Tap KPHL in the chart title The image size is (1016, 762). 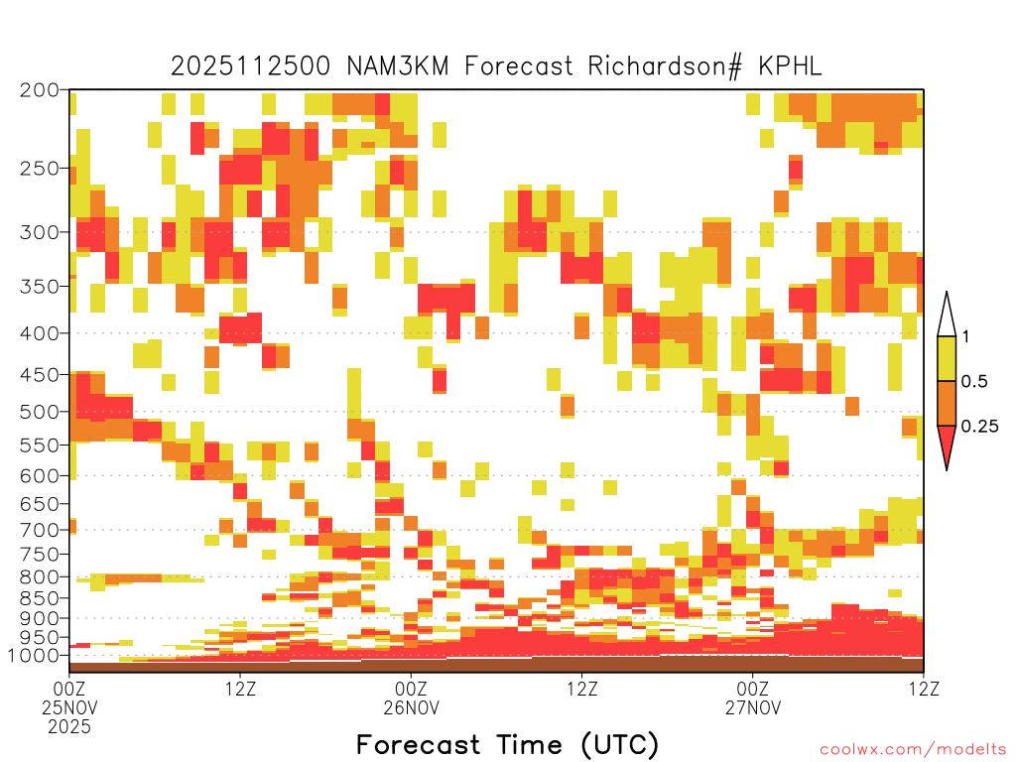790,66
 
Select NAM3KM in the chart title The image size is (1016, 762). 398,66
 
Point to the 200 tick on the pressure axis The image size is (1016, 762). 39,90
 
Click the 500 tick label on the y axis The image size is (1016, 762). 39,412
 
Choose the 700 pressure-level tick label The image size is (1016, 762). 39,530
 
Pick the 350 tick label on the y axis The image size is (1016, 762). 39,286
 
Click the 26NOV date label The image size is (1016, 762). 412,707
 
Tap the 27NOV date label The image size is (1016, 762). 753,707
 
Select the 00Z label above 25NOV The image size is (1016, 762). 69,689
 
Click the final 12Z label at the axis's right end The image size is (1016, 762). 924,689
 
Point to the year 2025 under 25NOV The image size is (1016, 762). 69,726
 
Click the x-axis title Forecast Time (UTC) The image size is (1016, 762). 507,745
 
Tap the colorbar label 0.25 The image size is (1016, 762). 979,426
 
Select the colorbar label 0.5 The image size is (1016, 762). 974,381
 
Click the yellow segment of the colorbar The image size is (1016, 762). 947,358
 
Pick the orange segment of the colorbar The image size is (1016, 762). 947,403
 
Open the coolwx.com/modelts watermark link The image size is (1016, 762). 914,750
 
